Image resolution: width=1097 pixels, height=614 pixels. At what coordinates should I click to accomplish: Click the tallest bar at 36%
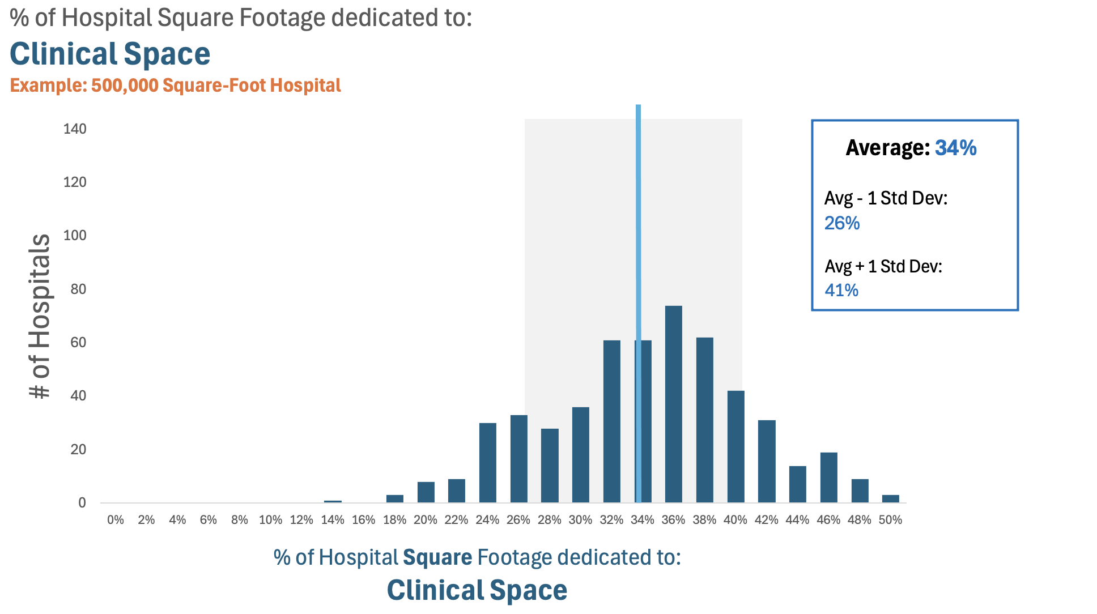[x=673, y=404]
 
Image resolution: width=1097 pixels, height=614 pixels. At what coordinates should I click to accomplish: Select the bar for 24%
[x=487, y=463]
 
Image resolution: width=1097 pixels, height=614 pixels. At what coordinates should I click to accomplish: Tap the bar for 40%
[x=735, y=446]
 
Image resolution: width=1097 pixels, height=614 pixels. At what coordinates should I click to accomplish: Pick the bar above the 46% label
[x=828, y=477]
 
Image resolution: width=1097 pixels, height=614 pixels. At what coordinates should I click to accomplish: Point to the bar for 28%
[x=550, y=466]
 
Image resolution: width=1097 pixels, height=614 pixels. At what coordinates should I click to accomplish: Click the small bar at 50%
[x=890, y=498]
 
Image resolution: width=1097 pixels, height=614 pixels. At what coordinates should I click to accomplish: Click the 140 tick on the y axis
[x=75, y=129]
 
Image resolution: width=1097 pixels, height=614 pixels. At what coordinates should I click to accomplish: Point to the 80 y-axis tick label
[x=78, y=289]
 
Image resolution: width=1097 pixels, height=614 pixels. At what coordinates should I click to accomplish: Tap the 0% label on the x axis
[x=116, y=520]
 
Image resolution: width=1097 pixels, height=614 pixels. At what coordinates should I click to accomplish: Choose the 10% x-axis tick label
[x=270, y=520]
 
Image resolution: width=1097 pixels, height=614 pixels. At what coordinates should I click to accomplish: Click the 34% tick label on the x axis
[x=643, y=520]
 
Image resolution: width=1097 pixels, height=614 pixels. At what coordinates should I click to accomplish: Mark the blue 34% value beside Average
[x=955, y=148]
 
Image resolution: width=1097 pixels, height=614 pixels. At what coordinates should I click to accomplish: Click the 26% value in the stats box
[x=842, y=223]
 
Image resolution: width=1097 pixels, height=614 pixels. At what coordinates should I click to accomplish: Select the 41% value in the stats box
[x=841, y=291]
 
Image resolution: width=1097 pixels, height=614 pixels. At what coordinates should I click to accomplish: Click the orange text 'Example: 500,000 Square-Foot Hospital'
[x=176, y=86]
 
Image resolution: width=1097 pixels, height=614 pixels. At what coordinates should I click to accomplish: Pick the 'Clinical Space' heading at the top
[x=110, y=54]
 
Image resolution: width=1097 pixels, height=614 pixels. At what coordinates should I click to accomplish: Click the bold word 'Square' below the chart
[x=437, y=557]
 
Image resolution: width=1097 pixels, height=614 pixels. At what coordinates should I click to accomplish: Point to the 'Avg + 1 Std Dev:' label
[x=883, y=266]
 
